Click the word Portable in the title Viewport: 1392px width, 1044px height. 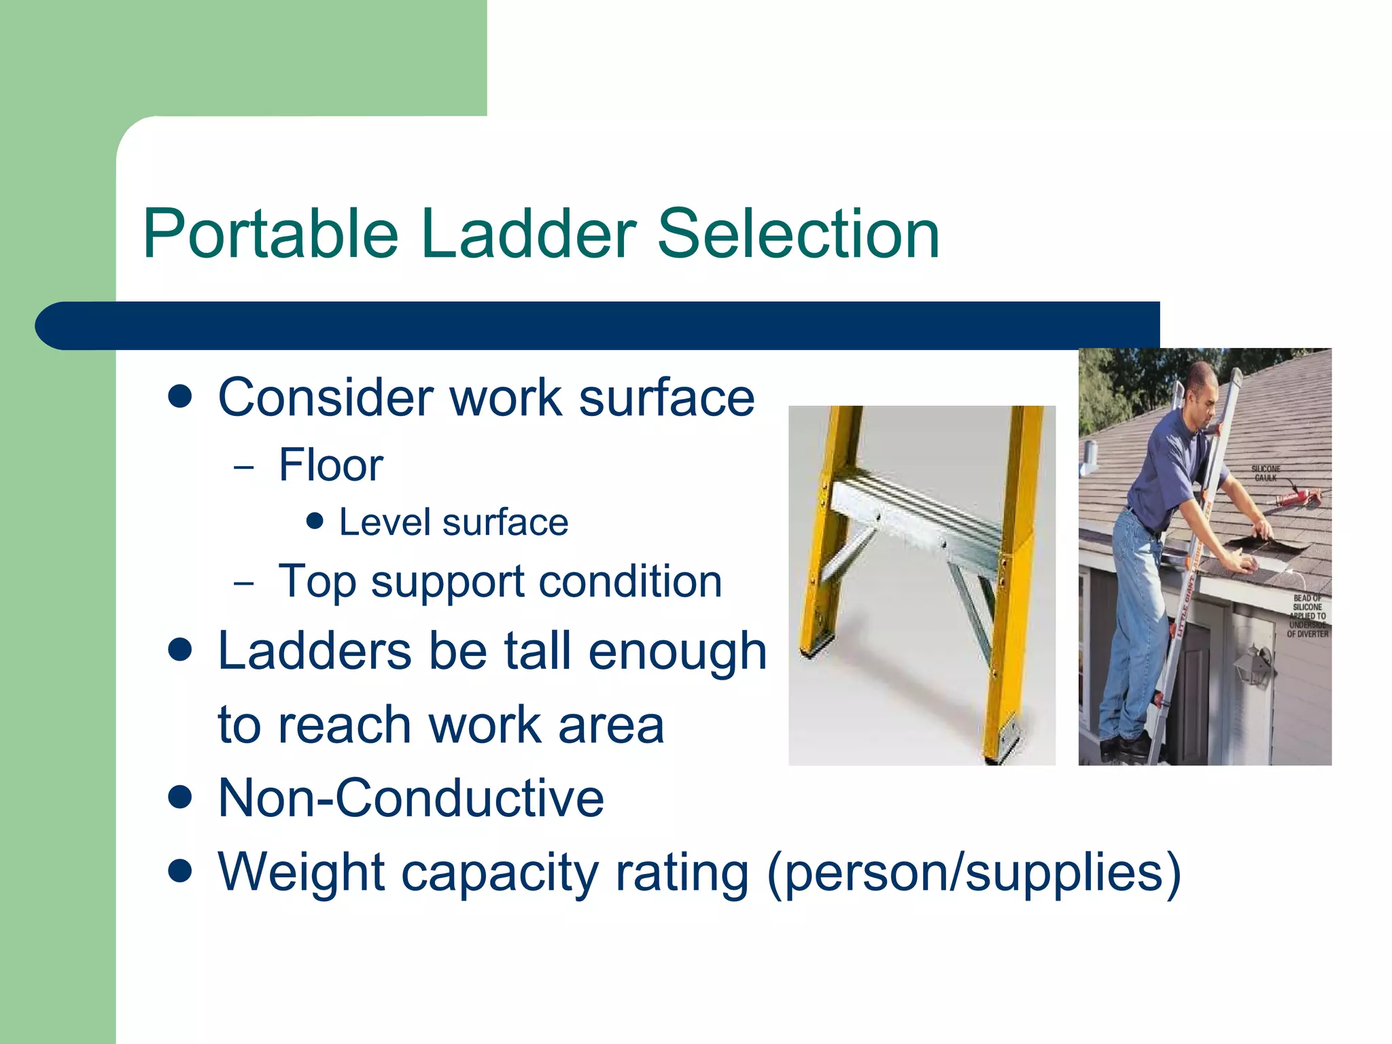coord(271,234)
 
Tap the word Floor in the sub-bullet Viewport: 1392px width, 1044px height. coord(331,466)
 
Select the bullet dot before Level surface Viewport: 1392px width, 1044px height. coord(314,521)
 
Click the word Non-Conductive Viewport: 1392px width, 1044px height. coord(411,799)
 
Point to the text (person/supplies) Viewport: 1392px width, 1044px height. coord(973,873)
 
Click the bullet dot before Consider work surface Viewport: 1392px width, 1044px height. coord(180,397)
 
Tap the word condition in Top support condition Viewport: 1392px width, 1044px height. coord(630,582)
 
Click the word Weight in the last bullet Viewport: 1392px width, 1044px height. coord(301,873)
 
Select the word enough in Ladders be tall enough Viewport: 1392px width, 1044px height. coord(677,651)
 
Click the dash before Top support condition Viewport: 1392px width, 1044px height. coord(243,583)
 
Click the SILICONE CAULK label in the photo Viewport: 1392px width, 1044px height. coord(1265,473)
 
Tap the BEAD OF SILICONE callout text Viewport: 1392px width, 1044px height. coord(1306,616)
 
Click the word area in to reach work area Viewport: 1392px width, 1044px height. coord(610,725)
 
